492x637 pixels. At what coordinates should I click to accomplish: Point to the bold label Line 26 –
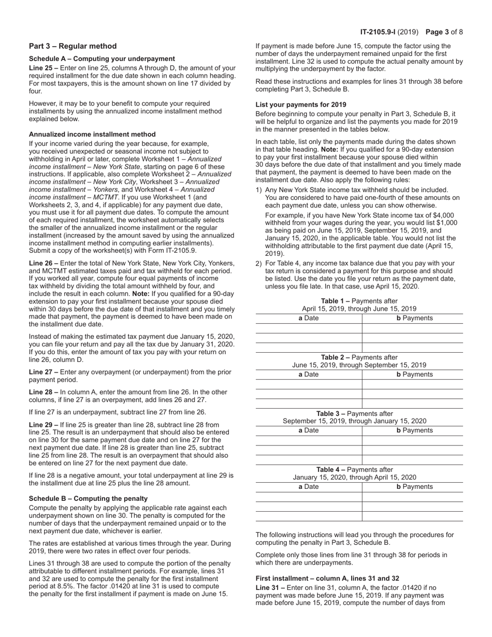point(44,263)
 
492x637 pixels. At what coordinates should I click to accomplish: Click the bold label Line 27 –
point(44,372)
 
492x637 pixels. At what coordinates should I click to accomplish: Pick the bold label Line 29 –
point(44,425)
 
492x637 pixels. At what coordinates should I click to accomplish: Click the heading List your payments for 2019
point(301,105)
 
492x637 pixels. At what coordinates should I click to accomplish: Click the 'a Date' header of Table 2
point(309,374)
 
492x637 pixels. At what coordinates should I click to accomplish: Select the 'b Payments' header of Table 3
point(414,430)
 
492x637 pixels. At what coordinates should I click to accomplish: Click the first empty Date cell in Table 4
point(309,497)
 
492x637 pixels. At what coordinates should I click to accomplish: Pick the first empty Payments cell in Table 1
point(412,328)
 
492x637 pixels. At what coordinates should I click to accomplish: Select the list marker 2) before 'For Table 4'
point(259,263)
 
